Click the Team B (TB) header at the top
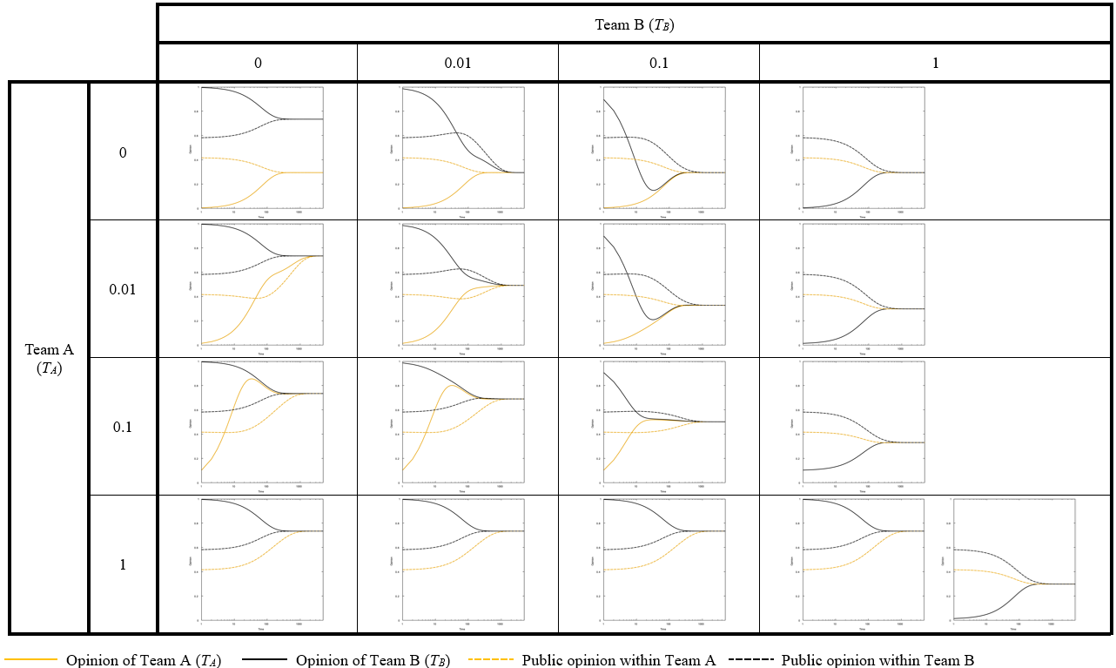[x=635, y=24]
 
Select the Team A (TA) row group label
[x=49, y=358]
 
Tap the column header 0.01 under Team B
[x=458, y=64]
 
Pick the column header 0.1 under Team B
[x=659, y=64]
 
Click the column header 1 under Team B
[x=936, y=64]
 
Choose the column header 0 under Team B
[x=258, y=64]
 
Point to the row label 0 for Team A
[x=123, y=152]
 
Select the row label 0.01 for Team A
[x=123, y=289]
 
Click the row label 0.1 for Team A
[x=123, y=427]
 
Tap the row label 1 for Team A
[x=123, y=564]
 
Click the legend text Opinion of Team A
[x=144, y=660]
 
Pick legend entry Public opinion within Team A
[x=618, y=660]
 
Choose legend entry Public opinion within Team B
[x=877, y=660]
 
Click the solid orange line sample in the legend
[x=31, y=660]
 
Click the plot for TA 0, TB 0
[x=262, y=148]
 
